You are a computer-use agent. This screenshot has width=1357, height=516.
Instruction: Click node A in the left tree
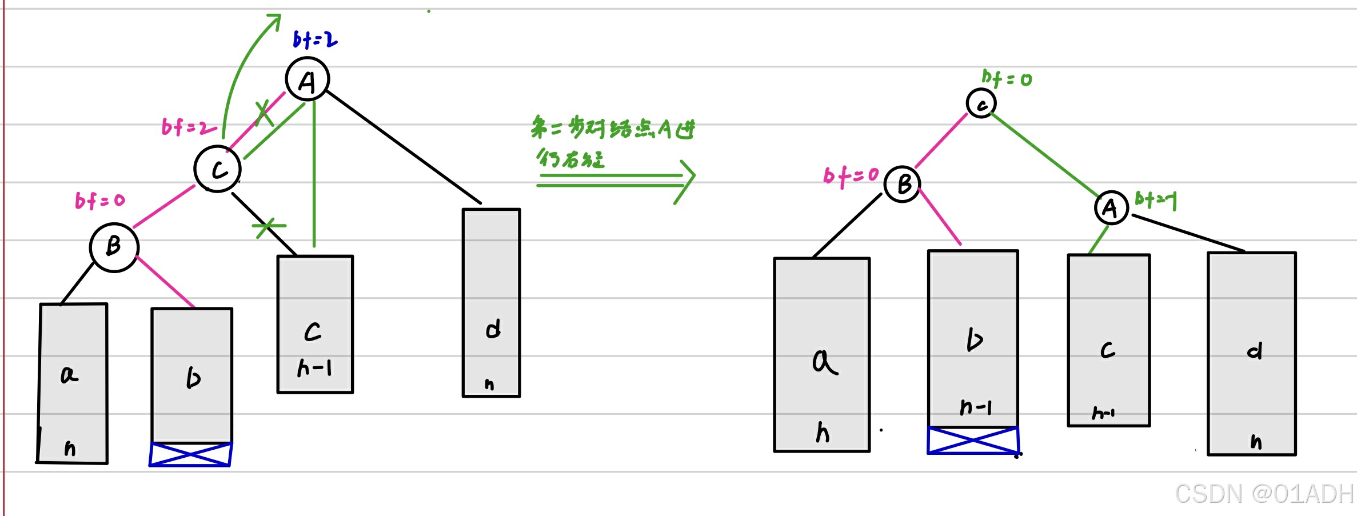click(308, 79)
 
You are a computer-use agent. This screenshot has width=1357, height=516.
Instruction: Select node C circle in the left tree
click(217, 169)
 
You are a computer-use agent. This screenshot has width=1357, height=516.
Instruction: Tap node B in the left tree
click(114, 247)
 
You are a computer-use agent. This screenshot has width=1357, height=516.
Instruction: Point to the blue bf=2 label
click(315, 39)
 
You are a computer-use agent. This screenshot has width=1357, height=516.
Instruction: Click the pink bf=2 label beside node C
click(188, 127)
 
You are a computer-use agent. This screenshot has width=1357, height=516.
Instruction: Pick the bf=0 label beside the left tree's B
click(99, 201)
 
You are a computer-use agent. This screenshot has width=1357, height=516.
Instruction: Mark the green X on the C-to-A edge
click(264, 113)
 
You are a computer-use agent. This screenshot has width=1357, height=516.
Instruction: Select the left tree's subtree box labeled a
click(73, 383)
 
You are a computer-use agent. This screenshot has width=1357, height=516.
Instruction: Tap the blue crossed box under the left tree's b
click(190, 454)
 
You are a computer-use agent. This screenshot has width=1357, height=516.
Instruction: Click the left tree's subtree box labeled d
click(491, 303)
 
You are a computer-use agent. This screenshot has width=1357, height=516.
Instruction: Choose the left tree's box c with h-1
click(315, 325)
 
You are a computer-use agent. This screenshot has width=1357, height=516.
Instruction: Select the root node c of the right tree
click(981, 103)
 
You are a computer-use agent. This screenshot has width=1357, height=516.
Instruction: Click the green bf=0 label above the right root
click(1007, 78)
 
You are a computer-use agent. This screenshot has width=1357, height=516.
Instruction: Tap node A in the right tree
click(1111, 207)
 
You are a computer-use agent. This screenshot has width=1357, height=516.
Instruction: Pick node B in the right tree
click(902, 184)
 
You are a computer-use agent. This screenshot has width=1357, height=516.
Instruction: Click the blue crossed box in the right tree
click(973, 441)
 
